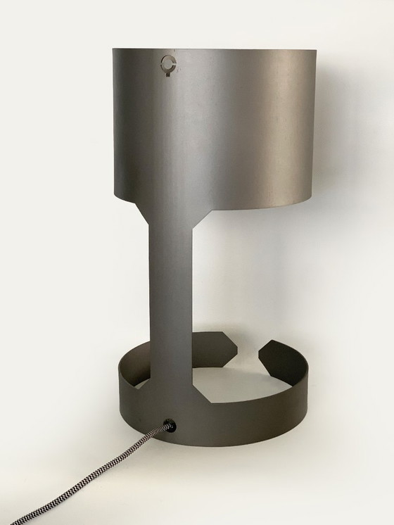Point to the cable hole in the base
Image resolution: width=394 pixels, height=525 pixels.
click(x=169, y=425)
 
